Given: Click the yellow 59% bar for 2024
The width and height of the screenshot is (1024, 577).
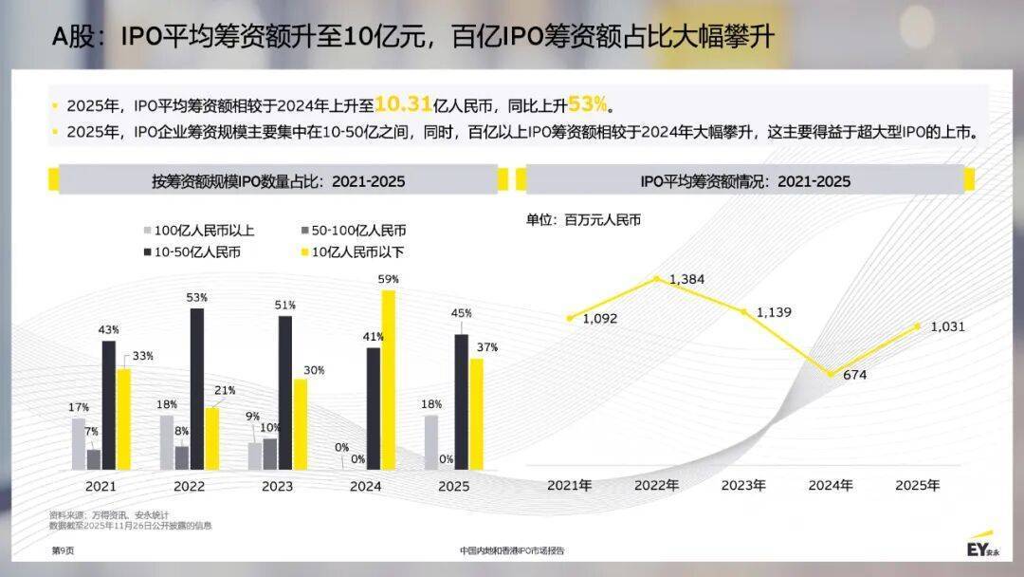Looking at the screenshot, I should tap(387, 380).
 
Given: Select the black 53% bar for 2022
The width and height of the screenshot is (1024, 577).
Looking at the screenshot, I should tap(196, 389).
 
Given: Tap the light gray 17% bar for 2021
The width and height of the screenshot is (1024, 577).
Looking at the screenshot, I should tap(79, 444).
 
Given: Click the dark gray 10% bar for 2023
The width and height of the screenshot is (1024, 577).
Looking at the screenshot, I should tap(270, 454).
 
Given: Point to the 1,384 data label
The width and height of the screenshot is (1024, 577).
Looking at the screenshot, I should tap(686, 279).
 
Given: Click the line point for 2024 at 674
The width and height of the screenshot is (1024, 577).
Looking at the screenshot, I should tap(832, 374).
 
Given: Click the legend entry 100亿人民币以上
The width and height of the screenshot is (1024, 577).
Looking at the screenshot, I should tap(198, 231).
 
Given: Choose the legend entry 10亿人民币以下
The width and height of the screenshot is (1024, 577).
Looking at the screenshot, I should tap(351, 251).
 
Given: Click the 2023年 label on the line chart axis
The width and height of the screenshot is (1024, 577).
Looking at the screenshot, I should tap(742, 485).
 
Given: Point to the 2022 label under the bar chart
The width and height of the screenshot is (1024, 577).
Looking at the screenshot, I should tap(189, 486).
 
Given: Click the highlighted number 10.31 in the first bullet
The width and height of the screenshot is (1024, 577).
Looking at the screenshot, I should tap(404, 103).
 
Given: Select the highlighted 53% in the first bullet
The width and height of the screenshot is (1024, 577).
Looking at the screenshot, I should tap(587, 103).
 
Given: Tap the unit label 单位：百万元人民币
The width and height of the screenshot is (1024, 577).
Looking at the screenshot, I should tap(583, 219).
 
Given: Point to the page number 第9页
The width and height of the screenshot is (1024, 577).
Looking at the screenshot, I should tap(62, 550).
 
